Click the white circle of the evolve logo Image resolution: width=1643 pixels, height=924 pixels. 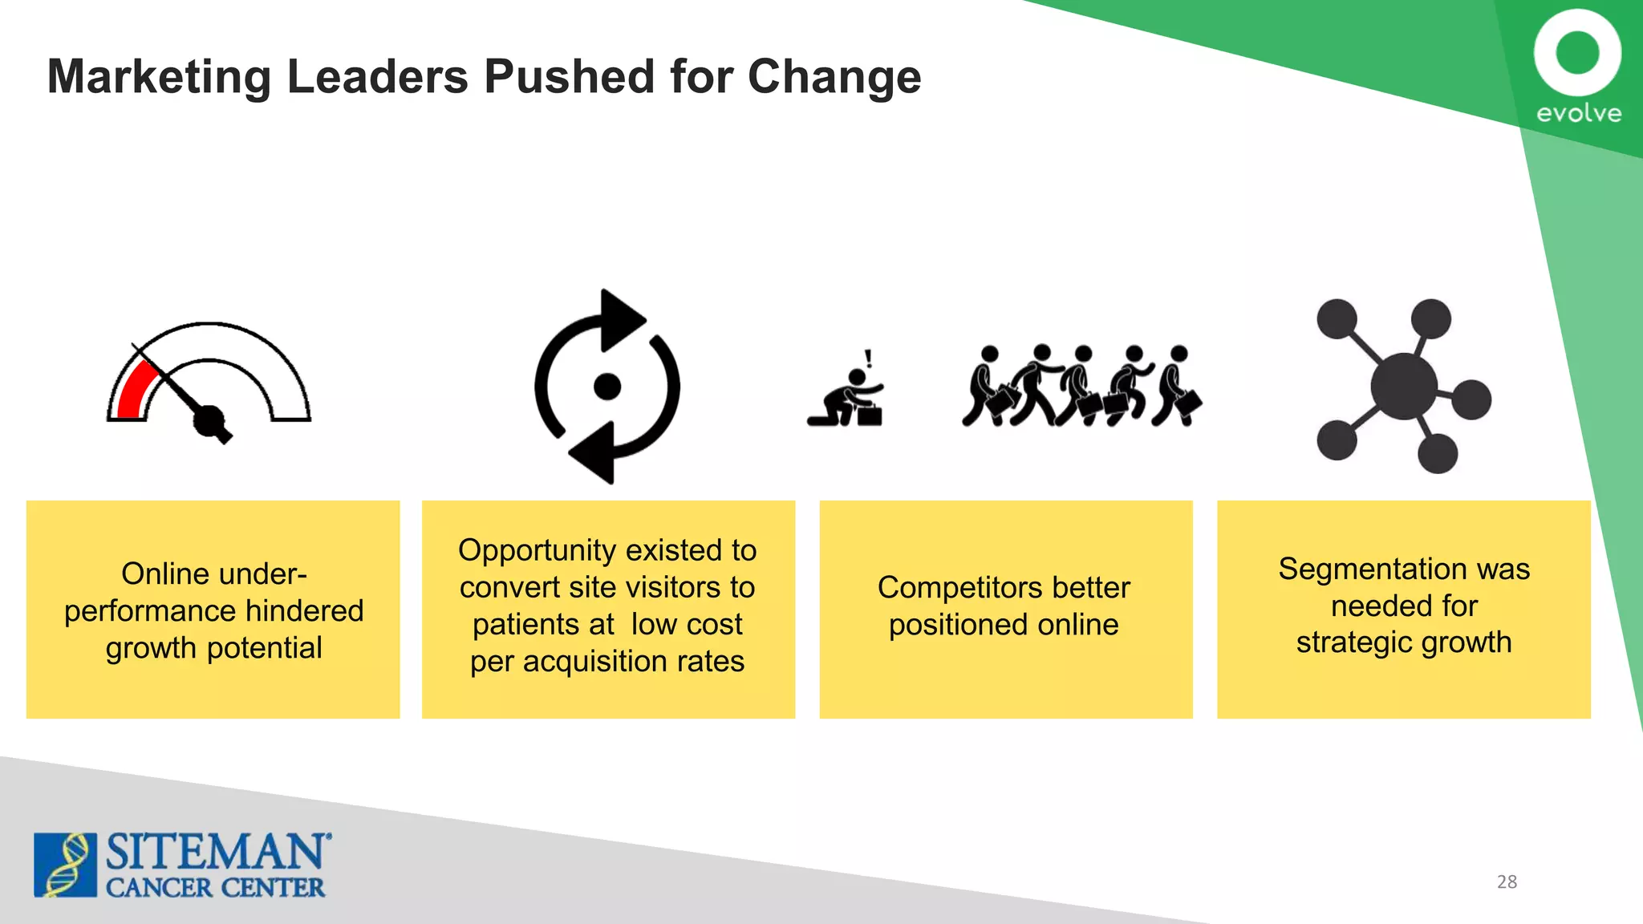click(x=1577, y=52)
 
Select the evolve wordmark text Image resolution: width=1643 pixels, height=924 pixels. click(x=1578, y=113)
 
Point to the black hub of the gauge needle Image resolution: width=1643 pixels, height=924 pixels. click(x=209, y=420)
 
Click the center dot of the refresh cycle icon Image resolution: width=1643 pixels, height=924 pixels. click(x=607, y=387)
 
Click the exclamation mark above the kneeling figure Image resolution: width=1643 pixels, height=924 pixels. click(x=868, y=358)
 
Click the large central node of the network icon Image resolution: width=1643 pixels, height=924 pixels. click(x=1403, y=387)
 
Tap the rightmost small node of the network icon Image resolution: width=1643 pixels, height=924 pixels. click(x=1471, y=399)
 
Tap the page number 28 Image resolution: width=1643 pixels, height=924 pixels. click(x=1507, y=881)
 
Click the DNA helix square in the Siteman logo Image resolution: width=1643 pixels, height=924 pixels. click(x=65, y=865)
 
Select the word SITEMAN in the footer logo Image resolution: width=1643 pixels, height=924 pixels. click(x=216, y=852)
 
